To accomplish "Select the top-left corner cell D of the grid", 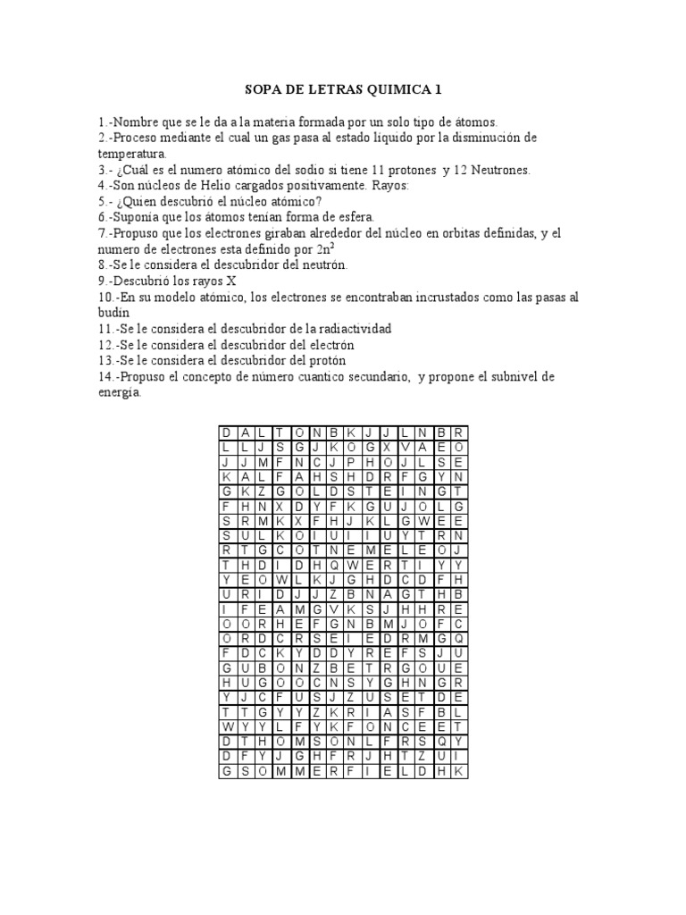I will click(227, 433).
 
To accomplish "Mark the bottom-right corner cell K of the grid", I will click(458, 769).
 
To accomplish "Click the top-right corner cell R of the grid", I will click(458, 433).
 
